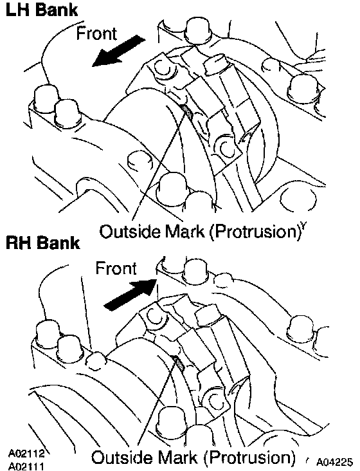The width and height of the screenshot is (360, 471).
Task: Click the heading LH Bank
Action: (42, 10)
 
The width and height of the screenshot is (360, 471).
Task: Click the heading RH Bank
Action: (43, 243)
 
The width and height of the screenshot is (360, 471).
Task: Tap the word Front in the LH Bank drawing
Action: (96, 33)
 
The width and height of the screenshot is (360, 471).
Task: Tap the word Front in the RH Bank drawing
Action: (116, 268)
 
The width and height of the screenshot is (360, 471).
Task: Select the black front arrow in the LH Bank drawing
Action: (118, 50)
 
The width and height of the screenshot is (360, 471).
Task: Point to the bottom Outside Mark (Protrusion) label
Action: (193, 457)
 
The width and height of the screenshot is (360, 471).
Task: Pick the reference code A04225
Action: (334, 461)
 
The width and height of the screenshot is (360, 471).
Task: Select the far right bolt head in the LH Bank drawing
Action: (303, 85)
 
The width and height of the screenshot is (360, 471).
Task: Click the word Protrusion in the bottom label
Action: (248, 457)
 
